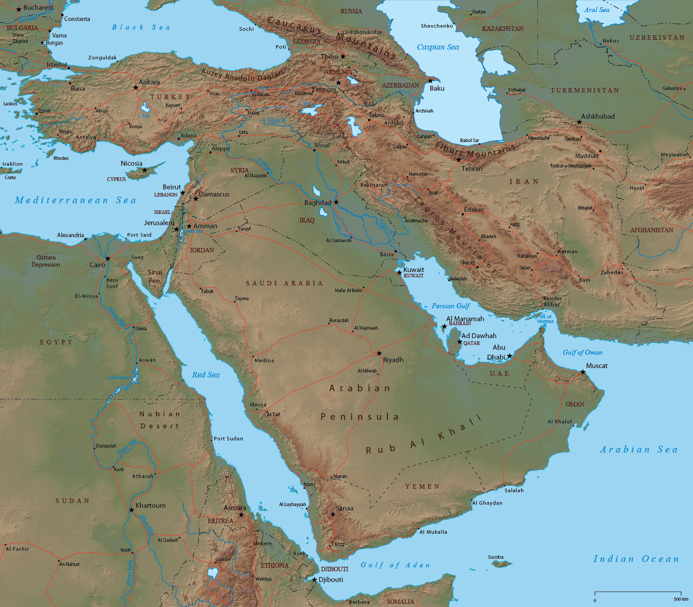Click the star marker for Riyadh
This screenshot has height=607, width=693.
click(x=379, y=353)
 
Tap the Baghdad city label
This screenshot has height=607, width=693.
click(x=318, y=203)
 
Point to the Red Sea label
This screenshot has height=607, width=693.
click(x=206, y=375)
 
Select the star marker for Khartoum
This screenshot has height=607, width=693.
click(x=131, y=510)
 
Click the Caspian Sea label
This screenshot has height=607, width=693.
click(x=438, y=47)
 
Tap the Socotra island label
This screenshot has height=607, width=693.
click(x=496, y=557)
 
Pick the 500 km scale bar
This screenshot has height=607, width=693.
click(x=638, y=592)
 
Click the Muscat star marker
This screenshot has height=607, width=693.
click(x=583, y=372)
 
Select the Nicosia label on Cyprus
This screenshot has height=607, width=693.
click(x=131, y=163)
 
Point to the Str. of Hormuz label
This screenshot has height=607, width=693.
click(x=545, y=319)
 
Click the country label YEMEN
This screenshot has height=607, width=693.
click(x=422, y=486)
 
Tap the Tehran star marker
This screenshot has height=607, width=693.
click(x=458, y=160)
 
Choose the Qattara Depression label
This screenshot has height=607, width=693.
click(x=46, y=261)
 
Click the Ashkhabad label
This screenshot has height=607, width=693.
click(x=598, y=117)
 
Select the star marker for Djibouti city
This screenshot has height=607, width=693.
click(x=315, y=580)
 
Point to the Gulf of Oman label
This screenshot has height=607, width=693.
click(x=582, y=352)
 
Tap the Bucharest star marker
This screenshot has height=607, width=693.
click(x=19, y=9)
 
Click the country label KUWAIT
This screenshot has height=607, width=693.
click(x=413, y=276)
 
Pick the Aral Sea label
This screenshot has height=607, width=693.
click(x=596, y=10)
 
